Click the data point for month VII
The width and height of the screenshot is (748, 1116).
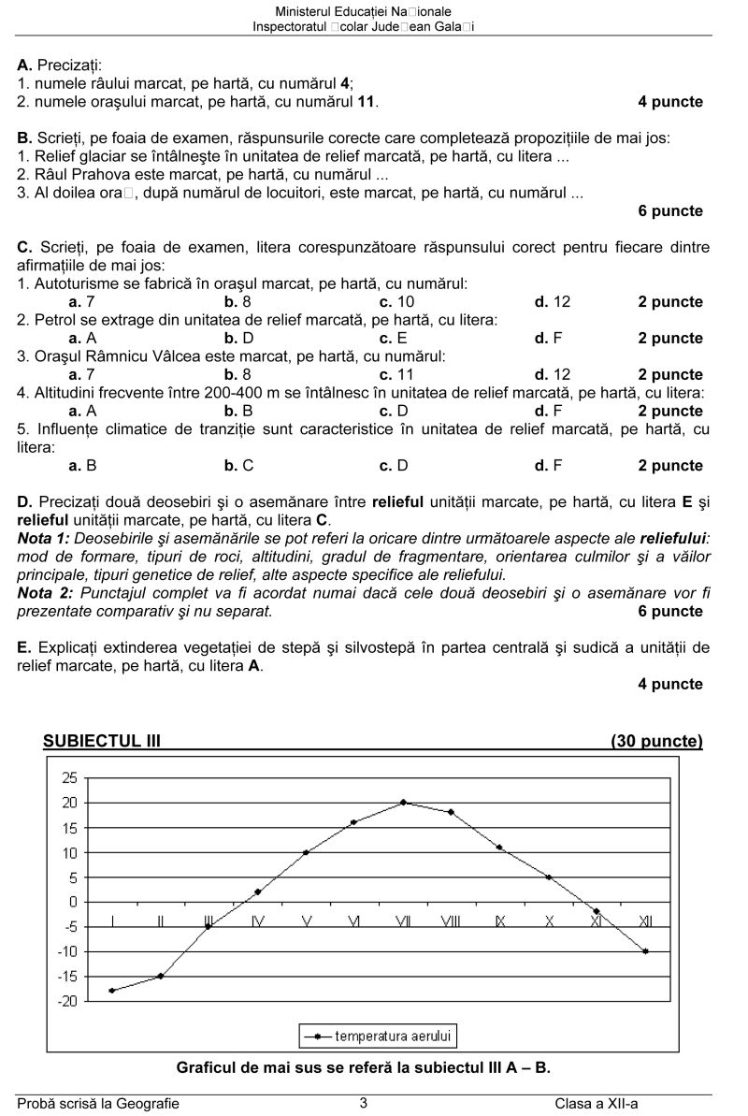[x=403, y=803]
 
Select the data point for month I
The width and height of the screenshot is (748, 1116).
[x=112, y=991]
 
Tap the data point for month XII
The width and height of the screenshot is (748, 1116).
[x=645, y=951]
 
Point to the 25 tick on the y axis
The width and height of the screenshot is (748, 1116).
[x=69, y=778]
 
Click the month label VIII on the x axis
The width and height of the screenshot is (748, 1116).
[x=451, y=922]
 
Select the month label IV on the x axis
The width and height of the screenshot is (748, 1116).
[x=257, y=922]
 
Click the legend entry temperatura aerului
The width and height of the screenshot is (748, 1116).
[x=379, y=1036]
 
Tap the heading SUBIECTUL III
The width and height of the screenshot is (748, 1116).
[x=102, y=742]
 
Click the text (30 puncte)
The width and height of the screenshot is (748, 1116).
[x=656, y=742]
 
